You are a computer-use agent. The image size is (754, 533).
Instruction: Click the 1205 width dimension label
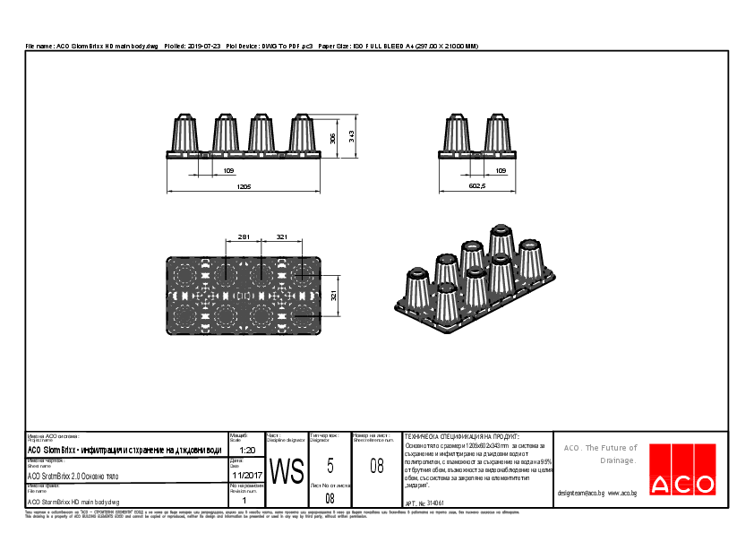[244, 186]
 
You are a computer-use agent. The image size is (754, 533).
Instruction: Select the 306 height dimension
[333, 139]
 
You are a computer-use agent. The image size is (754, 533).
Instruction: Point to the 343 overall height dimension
[352, 135]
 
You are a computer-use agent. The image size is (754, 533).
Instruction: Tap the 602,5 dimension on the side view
[476, 186]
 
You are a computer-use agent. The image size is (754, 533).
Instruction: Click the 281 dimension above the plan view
[243, 237]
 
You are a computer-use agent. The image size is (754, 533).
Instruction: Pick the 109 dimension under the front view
[203, 169]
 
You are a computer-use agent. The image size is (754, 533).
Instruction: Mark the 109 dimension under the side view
[501, 169]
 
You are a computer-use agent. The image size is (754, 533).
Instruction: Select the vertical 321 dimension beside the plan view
[333, 297]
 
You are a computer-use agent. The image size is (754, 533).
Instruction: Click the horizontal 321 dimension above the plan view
[282, 237]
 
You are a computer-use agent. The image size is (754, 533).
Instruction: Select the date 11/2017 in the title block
[246, 475]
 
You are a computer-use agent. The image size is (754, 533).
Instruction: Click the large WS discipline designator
[287, 470]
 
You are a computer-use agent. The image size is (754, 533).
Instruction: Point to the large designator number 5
[330, 465]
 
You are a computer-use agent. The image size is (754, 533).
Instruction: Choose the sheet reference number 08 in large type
[377, 465]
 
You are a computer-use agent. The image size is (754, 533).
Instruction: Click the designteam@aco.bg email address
[581, 493]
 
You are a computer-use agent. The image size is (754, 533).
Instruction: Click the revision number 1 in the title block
[244, 501]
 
